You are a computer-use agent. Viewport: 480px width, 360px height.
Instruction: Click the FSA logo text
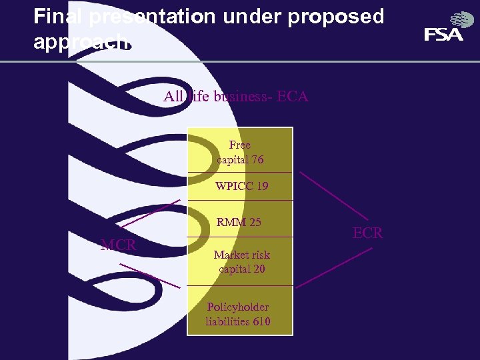[443, 35]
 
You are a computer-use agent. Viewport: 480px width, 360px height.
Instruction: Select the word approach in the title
[81, 41]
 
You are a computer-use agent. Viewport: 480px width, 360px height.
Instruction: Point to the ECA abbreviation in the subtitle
[292, 97]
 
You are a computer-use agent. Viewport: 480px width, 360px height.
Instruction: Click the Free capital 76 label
[240, 152]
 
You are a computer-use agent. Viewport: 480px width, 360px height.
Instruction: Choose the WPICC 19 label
[241, 186]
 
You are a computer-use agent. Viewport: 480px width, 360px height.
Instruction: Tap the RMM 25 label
[239, 222]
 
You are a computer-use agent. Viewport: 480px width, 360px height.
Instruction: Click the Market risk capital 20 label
[241, 261]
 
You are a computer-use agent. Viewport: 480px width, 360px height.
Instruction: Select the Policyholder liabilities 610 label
[238, 314]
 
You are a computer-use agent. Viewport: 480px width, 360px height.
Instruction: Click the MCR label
[118, 245]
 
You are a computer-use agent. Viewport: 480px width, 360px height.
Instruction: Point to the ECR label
[367, 233]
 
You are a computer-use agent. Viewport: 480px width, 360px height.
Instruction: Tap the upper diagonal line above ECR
[333, 196]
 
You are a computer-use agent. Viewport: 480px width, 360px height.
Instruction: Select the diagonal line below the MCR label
[149, 275]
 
